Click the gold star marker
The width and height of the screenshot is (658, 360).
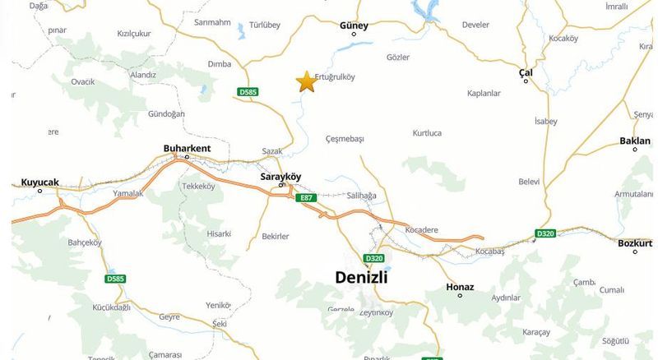(x=306, y=81)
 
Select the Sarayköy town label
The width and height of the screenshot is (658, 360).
(x=280, y=177)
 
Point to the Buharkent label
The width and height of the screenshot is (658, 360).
(x=188, y=148)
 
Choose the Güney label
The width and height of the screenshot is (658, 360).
(x=354, y=25)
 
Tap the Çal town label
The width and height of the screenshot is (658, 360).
(x=526, y=72)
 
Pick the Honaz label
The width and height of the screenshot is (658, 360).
(x=460, y=287)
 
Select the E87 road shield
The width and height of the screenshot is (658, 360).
(x=308, y=198)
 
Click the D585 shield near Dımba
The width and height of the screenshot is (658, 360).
(x=248, y=91)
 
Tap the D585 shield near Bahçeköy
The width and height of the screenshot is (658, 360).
(x=116, y=279)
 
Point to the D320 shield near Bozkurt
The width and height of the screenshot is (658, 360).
(x=545, y=233)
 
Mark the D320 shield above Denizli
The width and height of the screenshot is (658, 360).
(x=374, y=258)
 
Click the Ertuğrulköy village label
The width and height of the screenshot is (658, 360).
(x=335, y=78)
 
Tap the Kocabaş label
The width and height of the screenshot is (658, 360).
(x=489, y=249)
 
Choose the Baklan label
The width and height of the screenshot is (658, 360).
(x=635, y=141)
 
